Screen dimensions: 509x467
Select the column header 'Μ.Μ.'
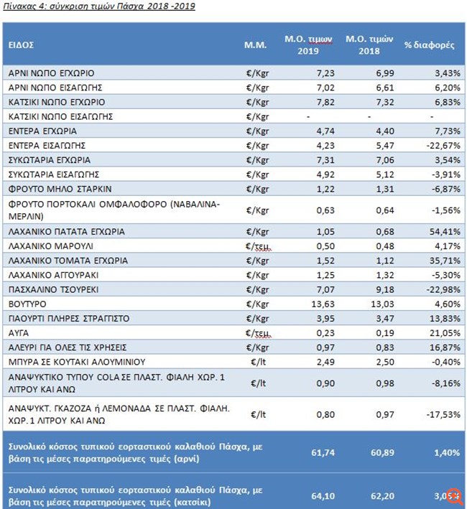pyautogui.click(x=256, y=45)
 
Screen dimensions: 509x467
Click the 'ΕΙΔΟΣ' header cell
pyautogui.click(x=21, y=45)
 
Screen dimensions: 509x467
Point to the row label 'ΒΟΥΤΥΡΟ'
pyautogui.click(x=27, y=303)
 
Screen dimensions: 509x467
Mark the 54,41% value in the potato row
pyautogui.click(x=440, y=232)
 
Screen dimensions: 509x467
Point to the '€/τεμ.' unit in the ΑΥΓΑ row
pyautogui.click(x=256, y=332)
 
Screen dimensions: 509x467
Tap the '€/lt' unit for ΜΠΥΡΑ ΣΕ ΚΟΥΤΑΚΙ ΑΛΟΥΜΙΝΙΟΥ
pyautogui.click(x=256, y=360)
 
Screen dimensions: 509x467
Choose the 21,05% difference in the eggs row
pyautogui.click(x=440, y=332)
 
